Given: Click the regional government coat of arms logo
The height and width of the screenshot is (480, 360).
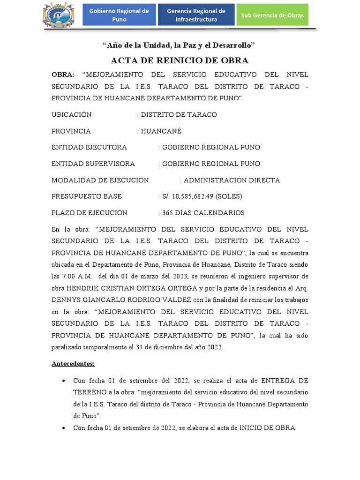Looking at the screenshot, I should [57, 15].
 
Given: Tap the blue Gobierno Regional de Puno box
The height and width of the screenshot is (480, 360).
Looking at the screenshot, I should [119, 15].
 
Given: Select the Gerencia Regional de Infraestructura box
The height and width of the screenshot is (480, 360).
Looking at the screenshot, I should [196, 15].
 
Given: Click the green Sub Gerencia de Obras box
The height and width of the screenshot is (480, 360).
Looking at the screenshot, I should [272, 15].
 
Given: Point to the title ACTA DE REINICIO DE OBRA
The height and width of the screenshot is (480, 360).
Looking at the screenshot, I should [180, 60].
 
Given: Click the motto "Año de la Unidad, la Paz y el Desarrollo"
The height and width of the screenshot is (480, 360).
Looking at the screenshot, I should [179, 45].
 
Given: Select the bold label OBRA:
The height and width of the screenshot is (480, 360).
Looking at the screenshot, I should [63, 75].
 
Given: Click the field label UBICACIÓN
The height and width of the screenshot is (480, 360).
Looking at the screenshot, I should [72, 115].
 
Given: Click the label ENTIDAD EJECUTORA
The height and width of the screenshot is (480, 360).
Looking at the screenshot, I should [89, 147].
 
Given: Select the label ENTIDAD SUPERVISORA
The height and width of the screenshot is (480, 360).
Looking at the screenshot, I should [93, 164].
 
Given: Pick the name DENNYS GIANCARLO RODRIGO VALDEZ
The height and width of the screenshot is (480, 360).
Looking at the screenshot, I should [117, 299].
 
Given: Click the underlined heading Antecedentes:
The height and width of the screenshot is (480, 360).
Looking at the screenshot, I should [73, 363].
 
